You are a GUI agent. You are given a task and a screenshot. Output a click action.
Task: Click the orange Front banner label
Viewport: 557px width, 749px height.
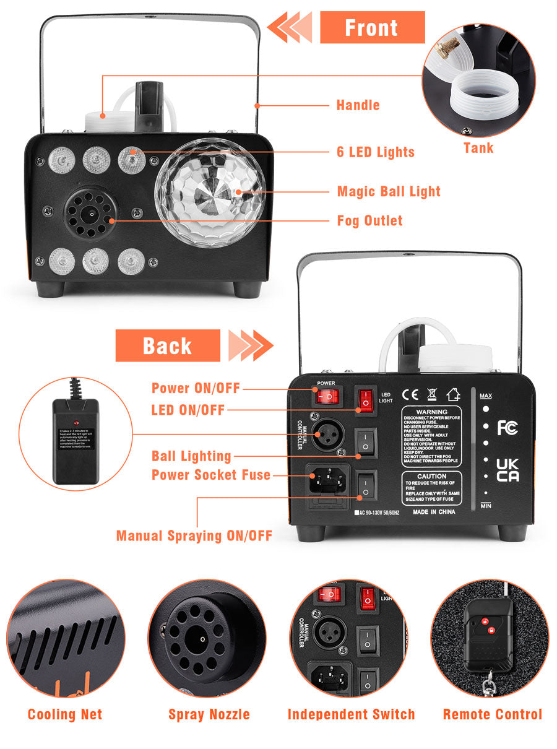(x=372, y=28)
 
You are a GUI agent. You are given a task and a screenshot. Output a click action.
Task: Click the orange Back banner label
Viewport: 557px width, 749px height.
(x=167, y=345)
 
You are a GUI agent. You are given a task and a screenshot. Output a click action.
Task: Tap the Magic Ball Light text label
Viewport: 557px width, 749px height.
(x=389, y=191)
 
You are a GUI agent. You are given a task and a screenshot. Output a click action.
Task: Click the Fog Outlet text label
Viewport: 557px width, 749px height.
(x=369, y=220)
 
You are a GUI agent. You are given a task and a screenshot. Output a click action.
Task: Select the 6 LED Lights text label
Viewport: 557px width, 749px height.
(x=376, y=152)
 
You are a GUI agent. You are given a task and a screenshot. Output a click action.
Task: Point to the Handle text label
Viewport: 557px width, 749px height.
(x=358, y=105)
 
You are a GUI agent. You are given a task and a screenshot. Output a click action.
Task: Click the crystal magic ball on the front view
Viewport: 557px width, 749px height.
(x=210, y=193)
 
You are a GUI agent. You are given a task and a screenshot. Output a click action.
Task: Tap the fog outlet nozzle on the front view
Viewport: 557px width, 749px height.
(x=90, y=213)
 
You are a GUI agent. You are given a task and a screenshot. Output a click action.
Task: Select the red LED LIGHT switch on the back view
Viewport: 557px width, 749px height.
(x=366, y=400)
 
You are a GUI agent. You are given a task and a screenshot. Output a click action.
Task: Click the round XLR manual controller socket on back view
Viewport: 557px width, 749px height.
(x=325, y=438)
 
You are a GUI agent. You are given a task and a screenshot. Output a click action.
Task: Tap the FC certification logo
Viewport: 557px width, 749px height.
(x=507, y=428)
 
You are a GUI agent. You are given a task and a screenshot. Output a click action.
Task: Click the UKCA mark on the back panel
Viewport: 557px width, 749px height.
(x=507, y=470)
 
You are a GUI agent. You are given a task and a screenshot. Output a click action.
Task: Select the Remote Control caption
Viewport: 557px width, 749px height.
(x=492, y=714)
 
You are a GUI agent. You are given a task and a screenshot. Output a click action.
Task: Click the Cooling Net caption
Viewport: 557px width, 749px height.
(x=65, y=714)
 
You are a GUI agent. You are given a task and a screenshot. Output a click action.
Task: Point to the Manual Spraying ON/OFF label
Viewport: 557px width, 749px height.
(x=194, y=535)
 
